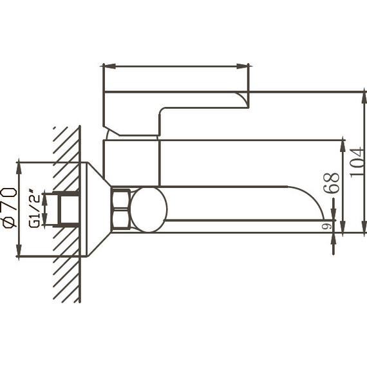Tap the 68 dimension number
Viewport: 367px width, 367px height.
tap(332, 183)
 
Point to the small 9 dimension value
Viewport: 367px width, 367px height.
tap(326, 226)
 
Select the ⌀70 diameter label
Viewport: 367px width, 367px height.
tap(9, 207)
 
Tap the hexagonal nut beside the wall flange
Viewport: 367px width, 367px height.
tap(120, 209)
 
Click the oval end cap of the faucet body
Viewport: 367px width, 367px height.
tap(149, 209)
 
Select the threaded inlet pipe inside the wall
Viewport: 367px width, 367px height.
tap(68, 209)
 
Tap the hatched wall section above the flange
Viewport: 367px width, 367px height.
tap(67, 145)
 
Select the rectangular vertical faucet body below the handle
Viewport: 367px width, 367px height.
tap(131, 162)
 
